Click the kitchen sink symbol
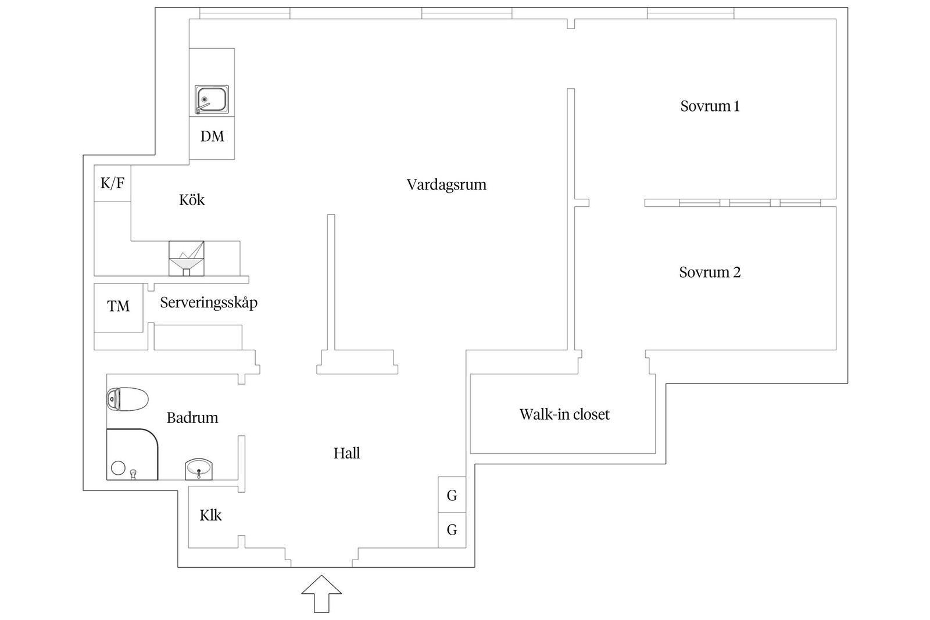click(x=212, y=99)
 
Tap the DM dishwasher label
click(x=212, y=137)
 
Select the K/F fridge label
click(x=112, y=184)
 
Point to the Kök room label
click(x=192, y=200)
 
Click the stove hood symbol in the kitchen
click(x=187, y=258)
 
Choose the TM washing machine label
click(x=119, y=306)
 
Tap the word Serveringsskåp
click(x=209, y=303)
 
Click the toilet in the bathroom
click(x=127, y=399)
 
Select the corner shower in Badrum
click(x=131, y=454)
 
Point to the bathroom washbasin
click(x=199, y=468)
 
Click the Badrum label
click(x=192, y=418)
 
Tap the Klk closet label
click(x=210, y=515)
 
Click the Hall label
click(x=347, y=453)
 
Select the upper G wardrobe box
click(x=452, y=495)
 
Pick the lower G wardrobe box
click(x=452, y=530)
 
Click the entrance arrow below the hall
click(x=321, y=593)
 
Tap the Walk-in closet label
click(x=564, y=414)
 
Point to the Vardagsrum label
click(x=446, y=185)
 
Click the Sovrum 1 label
click(x=710, y=106)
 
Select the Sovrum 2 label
click(x=710, y=273)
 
